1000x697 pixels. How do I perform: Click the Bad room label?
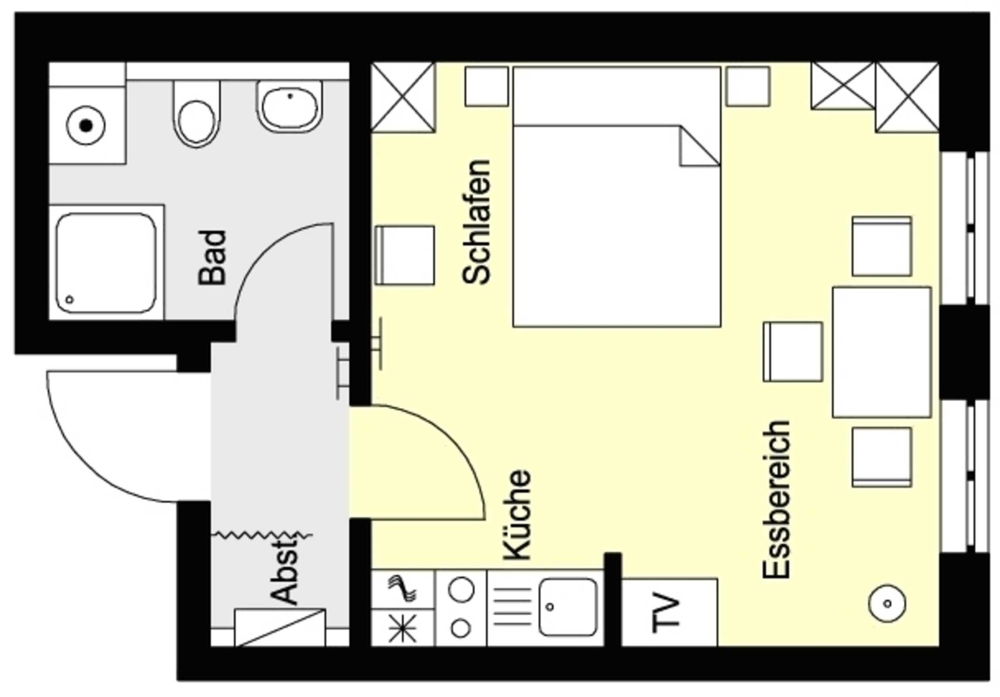pyautogui.click(x=212, y=258)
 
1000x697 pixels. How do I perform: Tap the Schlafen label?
pyautogui.click(x=477, y=222)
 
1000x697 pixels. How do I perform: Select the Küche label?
pyautogui.click(x=517, y=514)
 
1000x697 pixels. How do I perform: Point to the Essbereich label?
pyautogui.click(x=777, y=499)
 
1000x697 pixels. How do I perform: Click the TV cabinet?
pyautogui.click(x=669, y=612)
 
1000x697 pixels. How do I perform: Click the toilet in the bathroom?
pyautogui.click(x=197, y=114)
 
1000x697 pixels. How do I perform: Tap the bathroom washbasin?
pyautogui.click(x=290, y=107)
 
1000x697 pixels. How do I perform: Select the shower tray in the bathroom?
pyautogui.click(x=106, y=263)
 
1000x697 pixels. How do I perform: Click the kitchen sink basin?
pyautogui.click(x=568, y=607)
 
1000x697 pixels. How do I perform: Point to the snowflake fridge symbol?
pyautogui.click(x=402, y=628)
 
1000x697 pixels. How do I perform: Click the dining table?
pyautogui.click(x=882, y=352)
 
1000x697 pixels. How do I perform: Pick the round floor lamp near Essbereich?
pyautogui.click(x=887, y=603)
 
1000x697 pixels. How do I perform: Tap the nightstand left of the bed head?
pyautogui.click(x=486, y=86)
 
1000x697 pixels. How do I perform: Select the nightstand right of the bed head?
pyautogui.click(x=748, y=86)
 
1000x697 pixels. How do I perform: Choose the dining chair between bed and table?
pyautogui.click(x=793, y=352)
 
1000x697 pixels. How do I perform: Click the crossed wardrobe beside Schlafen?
pyautogui.click(x=403, y=97)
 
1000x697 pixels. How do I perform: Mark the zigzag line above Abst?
pyautogui.click(x=262, y=535)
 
